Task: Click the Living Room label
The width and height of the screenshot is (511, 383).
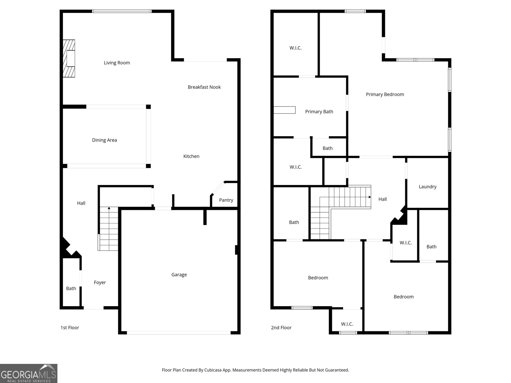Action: pos(117,63)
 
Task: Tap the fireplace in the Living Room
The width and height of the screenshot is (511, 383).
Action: pos(69,58)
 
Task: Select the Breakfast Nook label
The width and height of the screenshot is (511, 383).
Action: pos(204,87)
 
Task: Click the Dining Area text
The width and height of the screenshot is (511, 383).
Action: pos(104,140)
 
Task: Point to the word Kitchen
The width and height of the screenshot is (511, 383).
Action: pos(191,156)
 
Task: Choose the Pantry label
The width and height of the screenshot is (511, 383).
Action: pos(226,200)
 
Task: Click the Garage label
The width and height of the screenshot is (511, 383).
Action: pos(179,275)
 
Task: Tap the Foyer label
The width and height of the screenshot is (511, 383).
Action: pos(100,282)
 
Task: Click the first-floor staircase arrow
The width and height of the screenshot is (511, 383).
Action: pos(109,208)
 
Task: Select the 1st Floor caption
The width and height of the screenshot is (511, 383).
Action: pos(70,328)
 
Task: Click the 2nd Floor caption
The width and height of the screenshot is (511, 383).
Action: pos(281,328)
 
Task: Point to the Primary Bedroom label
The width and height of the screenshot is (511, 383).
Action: pos(385,94)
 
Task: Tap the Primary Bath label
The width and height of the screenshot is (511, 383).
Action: pos(319,112)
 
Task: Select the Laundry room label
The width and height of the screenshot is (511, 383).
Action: pos(427,187)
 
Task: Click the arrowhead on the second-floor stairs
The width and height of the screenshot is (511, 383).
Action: pos(370,197)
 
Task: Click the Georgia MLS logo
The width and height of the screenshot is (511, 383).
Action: pos(28,373)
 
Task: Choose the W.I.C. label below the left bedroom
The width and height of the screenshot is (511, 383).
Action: pos(347,324)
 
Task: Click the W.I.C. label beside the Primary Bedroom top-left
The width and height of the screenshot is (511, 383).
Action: pos(295,48)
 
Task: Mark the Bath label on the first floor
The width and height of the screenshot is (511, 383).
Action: pos(71,289)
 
